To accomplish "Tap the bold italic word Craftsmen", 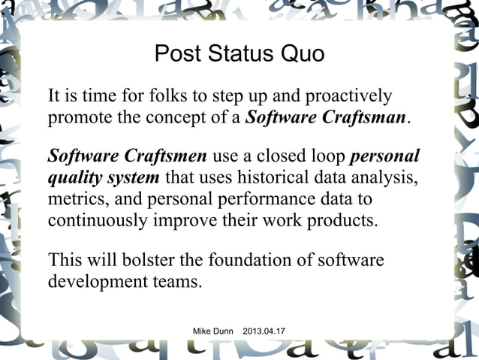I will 165,157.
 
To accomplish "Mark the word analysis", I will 382,179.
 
